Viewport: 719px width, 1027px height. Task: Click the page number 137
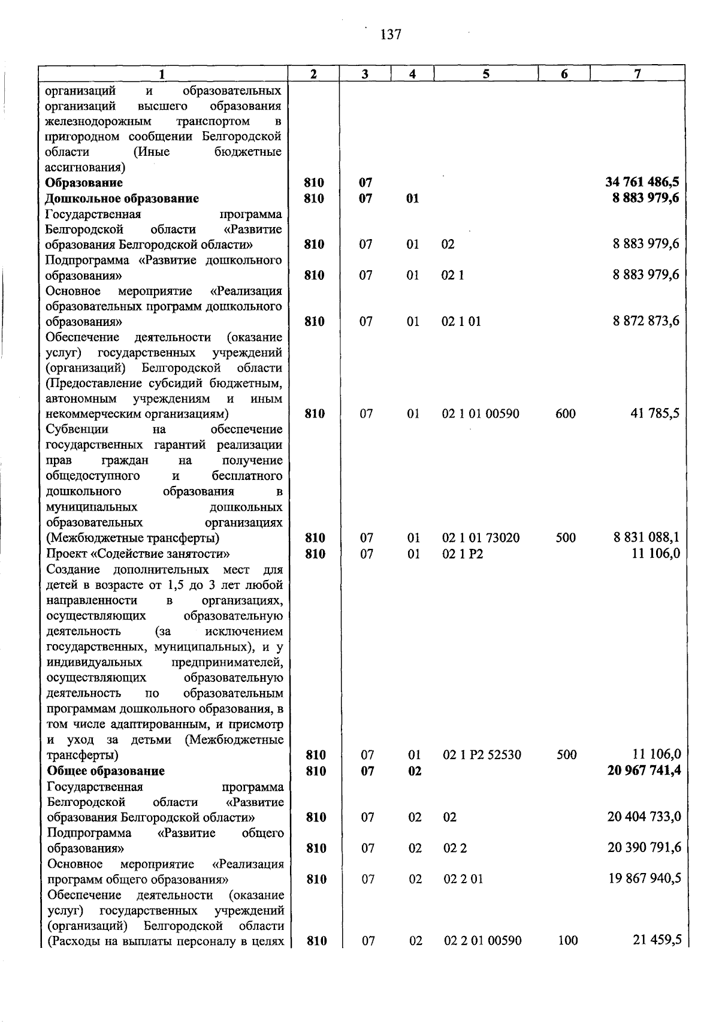(x=391, y=34)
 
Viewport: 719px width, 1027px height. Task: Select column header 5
(x=486, y=74)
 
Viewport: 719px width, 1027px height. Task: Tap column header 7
(x=638, y=74)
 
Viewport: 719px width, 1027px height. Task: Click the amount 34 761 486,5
(x=642, y=182)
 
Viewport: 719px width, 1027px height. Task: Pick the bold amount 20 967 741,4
(x=644, y=771)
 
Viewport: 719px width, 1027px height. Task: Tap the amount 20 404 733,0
(x=644, y=817)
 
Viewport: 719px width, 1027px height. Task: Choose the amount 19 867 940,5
(x=644, y=879)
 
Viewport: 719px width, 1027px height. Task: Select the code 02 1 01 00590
(x=481, y=413)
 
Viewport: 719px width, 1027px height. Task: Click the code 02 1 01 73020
(x=481, y=537)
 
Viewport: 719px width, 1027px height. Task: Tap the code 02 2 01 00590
(x=482, y=941)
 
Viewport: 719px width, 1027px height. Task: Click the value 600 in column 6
(x=566, y=413)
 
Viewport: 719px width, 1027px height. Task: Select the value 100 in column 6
(x=567, y=941)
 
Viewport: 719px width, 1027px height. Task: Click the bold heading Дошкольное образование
(x=122, y=198)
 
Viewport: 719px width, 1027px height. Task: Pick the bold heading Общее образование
(x=106, y=771)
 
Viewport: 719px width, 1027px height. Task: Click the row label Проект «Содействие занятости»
(x=138, y=553)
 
